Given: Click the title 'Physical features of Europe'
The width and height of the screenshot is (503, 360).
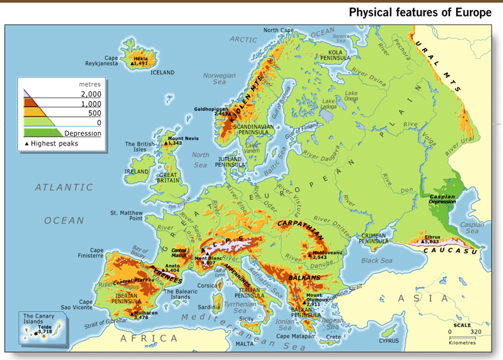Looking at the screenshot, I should click(420, 13).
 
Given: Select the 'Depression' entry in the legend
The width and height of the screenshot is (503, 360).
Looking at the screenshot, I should click(82, 133).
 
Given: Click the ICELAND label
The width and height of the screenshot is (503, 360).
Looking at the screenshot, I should click(162, 72).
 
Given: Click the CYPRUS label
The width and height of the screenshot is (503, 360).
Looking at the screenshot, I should click(388, 341).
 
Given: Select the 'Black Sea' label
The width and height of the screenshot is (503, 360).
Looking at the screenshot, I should click(376, 261).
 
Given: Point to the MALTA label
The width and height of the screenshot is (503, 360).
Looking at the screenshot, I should click(245, 344).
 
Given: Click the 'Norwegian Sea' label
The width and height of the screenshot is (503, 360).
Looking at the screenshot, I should click(219, 79).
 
